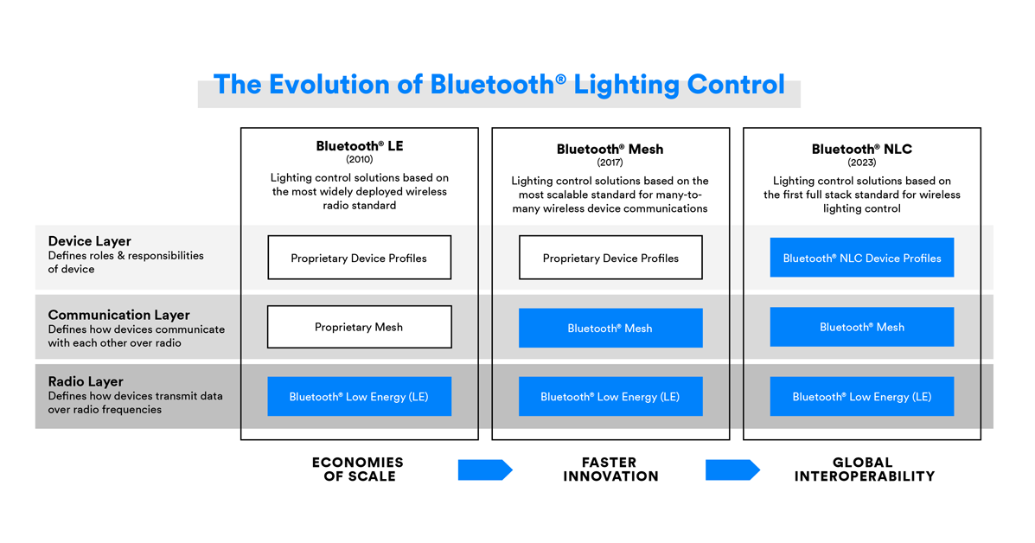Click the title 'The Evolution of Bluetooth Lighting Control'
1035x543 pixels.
499,85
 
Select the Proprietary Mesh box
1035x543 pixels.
359,327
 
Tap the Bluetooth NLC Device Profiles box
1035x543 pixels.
861,258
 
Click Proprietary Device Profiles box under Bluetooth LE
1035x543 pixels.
359,258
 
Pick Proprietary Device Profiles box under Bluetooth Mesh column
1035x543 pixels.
610,258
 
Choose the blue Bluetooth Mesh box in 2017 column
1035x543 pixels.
610,328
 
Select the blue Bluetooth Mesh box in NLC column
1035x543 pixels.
861,327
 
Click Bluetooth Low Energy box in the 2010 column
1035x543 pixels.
359,397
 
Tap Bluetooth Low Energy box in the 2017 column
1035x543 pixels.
610,397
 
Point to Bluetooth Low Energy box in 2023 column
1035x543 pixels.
861,397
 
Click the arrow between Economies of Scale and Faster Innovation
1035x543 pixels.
484,470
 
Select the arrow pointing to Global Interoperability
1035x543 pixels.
732,470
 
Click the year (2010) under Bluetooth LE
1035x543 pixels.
359,160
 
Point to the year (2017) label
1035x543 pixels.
610,163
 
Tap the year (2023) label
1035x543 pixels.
861,163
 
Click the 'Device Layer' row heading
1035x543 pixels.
90,241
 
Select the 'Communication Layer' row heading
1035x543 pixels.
118,316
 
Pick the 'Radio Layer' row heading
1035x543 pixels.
86,381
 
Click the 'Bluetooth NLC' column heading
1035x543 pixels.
861,149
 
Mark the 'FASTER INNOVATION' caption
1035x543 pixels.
610,470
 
